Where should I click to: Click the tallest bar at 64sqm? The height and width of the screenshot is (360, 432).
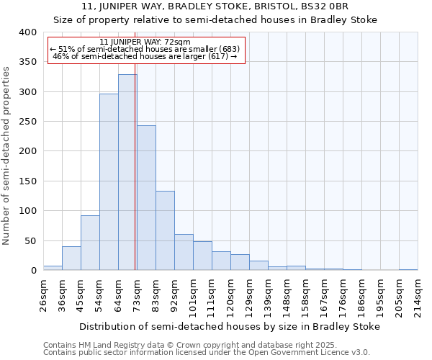[x=127, y=173]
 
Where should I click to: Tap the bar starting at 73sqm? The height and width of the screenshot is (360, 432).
[x=146, y=198]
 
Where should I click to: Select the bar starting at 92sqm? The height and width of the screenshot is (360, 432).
[x=184, y=252]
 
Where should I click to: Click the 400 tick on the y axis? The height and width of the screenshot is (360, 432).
[x=27, y=32]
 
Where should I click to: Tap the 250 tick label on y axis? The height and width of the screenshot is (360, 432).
[x=27, y=122]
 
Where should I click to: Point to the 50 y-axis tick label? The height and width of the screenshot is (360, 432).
[x=30, y=240]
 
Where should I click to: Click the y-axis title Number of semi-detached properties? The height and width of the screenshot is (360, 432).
[x=7, y=156]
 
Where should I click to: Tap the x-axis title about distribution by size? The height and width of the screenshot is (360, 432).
[x=229, y=326]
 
